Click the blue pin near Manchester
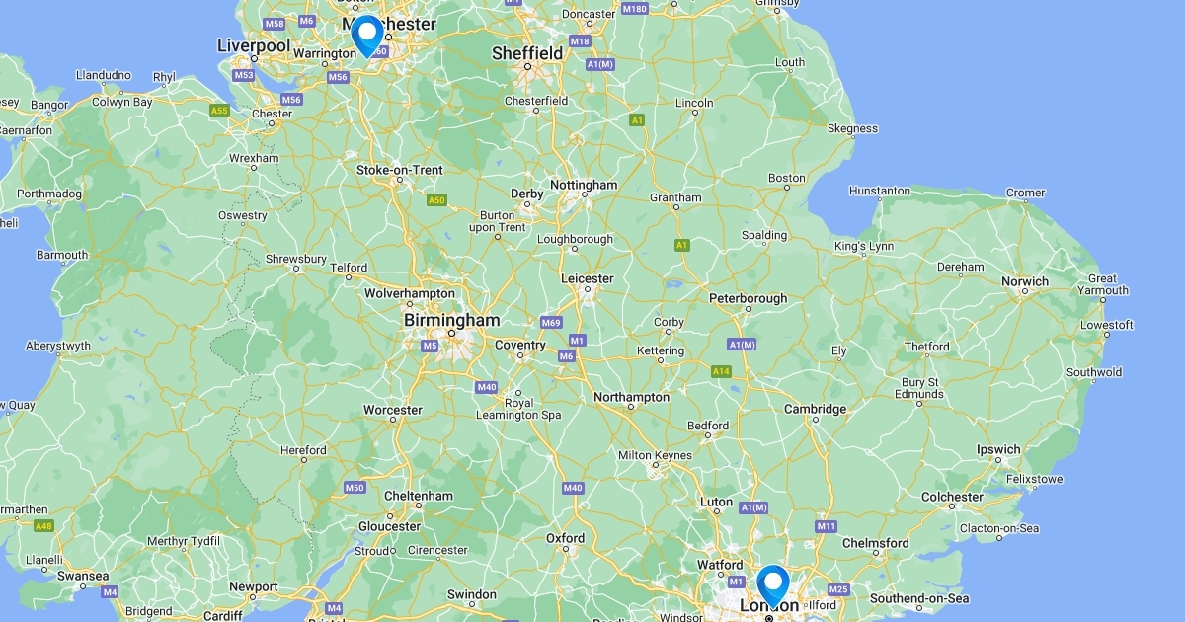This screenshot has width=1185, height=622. coord(367,34)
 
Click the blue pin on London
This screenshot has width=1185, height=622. coord(772,582)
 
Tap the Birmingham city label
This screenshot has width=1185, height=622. coord(451,321)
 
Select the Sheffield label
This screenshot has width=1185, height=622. coord(527,53)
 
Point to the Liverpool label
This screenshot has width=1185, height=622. coord(253,45)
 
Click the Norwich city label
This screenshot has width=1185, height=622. coord(1024,281)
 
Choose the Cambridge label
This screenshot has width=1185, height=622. coord(815,409)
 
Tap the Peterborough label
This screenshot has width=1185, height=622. coord(749,298)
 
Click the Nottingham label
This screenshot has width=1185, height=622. coord(583,185)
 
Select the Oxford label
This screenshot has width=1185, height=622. coord(566,538)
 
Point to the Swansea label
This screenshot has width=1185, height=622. coord(83,576)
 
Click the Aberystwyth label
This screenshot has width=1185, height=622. coord(58,346)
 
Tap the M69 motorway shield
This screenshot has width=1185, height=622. coord(551,323)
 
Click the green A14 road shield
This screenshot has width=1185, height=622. coord(721,371)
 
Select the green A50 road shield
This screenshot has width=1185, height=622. coord(435,200)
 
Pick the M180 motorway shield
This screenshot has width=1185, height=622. coord(635,9)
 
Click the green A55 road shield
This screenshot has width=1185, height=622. coord(219,111)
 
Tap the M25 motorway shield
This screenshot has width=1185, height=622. coord(838,589)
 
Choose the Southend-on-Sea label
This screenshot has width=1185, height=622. coord(918,598)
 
